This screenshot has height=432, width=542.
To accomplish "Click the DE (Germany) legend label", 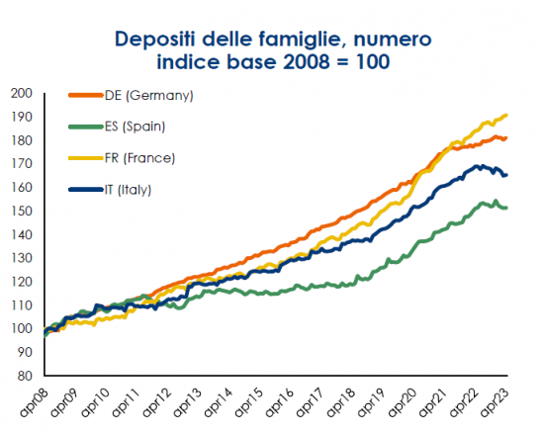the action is [149, 95].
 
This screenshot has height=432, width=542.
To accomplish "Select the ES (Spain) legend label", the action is [135, 127].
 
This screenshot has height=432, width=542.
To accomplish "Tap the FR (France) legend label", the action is [140, 158].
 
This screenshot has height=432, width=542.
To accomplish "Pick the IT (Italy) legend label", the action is [128, 190].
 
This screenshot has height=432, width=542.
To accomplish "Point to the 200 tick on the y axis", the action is [22, 93].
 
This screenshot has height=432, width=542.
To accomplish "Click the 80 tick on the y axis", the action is [25, 376].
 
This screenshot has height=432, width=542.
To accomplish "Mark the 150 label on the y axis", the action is [22, 212].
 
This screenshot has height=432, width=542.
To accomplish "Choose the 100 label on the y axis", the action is [22, 328].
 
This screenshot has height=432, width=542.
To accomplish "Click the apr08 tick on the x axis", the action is [33, 401].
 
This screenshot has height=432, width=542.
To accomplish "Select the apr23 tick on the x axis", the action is [495, 401].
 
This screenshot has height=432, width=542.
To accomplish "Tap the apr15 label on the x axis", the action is [248, 401].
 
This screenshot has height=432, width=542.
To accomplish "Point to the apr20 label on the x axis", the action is [402, 401].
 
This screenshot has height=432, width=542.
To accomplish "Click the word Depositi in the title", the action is [155, 40].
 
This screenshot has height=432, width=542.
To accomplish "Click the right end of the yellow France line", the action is [506, 115].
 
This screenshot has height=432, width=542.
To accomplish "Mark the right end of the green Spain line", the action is [506, 208].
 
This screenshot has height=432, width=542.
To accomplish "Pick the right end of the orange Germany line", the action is [506, 138].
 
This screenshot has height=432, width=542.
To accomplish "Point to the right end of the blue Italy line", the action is [506, 175].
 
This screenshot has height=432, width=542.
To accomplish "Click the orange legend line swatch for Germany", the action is [86, 95].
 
